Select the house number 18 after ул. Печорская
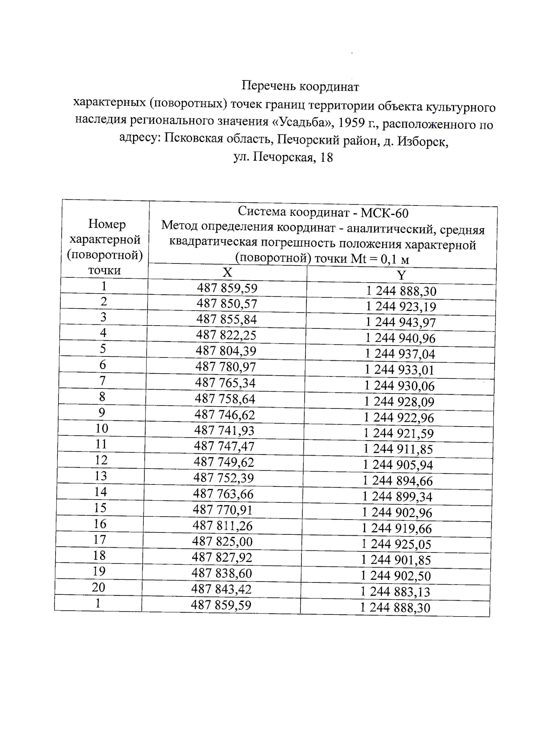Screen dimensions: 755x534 pos(326,157)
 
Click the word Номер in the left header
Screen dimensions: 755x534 pos(107,224)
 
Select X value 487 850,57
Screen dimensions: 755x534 pos(227,304)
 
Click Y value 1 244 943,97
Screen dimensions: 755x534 pos(400,323)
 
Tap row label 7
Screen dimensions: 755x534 pos(102,381)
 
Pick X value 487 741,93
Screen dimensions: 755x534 pos(224,430)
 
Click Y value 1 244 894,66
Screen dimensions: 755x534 pos(398,481)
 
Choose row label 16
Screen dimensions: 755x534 pos(100,524)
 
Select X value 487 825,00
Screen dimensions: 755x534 pos(222,541)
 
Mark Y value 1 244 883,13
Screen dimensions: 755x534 pos(395,592)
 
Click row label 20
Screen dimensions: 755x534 pos(98,587)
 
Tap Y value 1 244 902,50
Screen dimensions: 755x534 pos(396,576)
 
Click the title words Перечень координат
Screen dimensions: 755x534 pos(300,86)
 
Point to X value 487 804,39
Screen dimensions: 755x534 pos(226,351)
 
